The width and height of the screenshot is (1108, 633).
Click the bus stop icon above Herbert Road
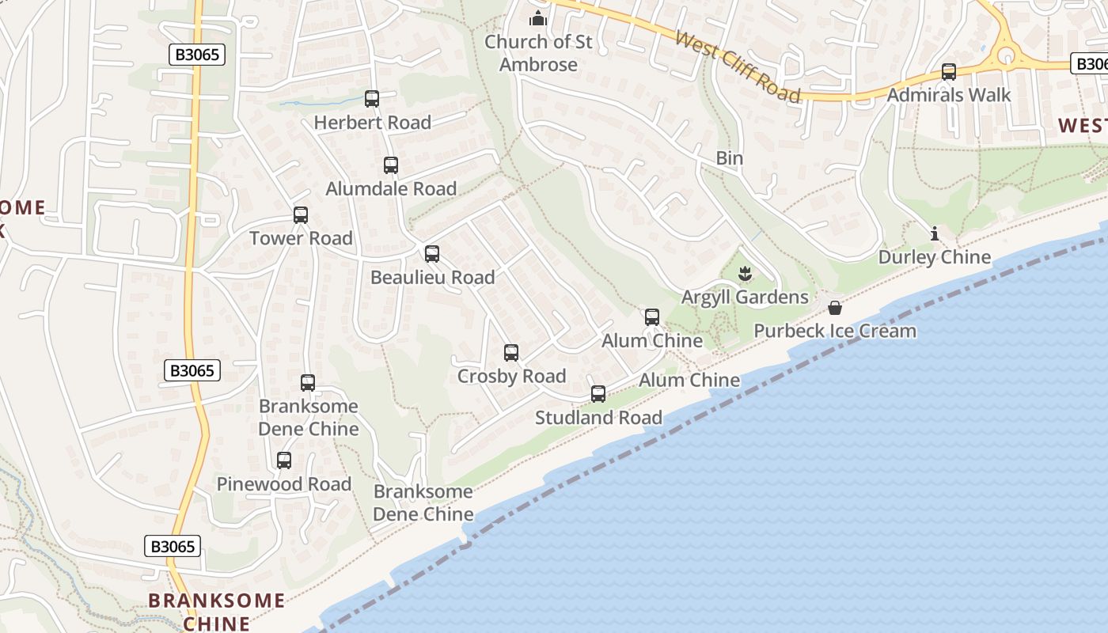click(372, 99)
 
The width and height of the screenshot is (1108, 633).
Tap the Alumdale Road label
click(391, 189)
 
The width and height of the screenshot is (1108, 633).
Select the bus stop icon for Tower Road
click(301, 214)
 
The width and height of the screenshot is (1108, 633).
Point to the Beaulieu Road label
click(432, 278)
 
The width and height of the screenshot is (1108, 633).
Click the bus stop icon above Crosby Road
click(511, 353)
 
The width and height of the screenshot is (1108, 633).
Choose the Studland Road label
click(598, 418)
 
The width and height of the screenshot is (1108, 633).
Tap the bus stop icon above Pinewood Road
click(284, 460)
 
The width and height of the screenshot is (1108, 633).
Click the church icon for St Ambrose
click(538, 18)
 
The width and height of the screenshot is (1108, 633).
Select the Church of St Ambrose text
click(538, 53)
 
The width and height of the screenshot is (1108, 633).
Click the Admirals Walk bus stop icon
click(949, 72)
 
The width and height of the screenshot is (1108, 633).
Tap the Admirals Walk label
click(949, 95)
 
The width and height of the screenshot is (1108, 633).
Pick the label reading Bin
click(729, 158)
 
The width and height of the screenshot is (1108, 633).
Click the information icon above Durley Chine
click(935, 233)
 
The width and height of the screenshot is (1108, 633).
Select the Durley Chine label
click(935, 257)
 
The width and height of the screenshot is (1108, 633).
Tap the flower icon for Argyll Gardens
click(745, 275)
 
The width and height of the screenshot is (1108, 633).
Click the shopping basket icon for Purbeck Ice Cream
click(835, 308)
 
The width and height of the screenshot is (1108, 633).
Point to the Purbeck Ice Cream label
click(835, 331)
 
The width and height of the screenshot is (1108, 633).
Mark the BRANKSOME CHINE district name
click(216, 612)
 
